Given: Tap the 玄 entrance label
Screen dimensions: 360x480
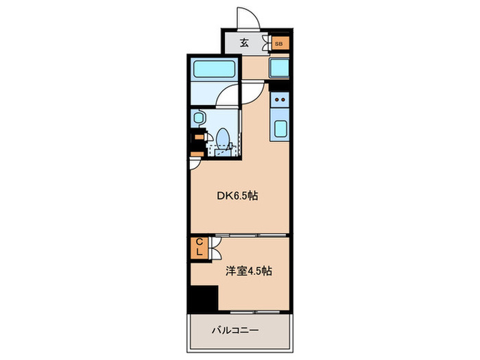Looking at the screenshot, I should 244,43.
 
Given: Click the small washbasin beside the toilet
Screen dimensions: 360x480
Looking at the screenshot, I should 200,118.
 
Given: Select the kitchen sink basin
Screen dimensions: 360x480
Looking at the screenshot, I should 281,128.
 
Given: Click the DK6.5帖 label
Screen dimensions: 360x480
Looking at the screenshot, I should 237,196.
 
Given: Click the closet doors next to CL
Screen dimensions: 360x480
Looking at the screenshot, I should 214,248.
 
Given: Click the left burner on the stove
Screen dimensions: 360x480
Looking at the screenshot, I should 276,99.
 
